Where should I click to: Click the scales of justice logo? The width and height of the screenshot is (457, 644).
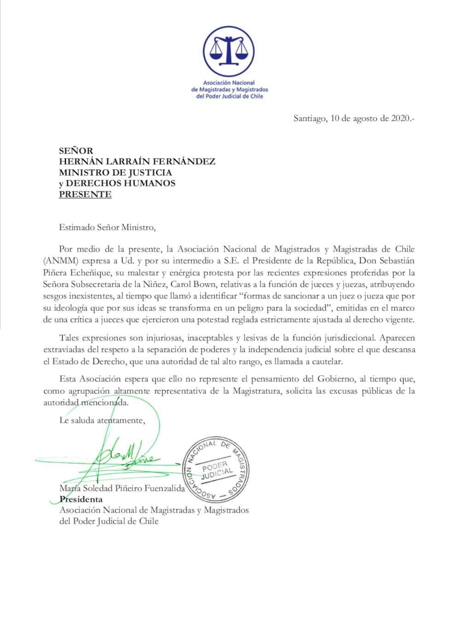[229, 51]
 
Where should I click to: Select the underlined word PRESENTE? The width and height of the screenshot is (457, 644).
[85, 194]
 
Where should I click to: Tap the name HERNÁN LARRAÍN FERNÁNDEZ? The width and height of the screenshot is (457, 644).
[137, 161]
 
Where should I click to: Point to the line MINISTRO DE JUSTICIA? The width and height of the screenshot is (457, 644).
[115, 172]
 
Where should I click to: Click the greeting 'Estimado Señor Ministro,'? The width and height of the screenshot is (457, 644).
[105, 227]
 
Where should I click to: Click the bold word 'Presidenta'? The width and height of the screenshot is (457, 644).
[81, 499]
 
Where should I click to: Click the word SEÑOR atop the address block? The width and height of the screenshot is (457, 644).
[76, 150]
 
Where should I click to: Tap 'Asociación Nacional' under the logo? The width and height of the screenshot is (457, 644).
[229, 83]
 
